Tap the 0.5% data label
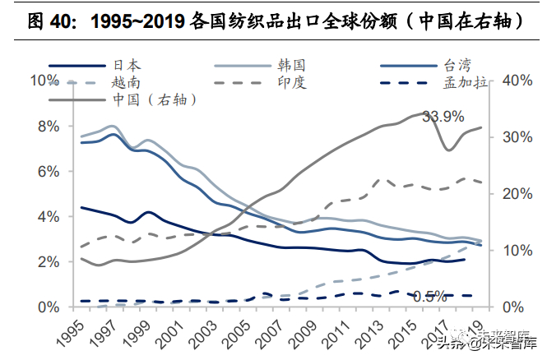tap(429, 296)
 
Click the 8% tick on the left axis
tap(45, 126)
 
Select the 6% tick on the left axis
tap(45, 171)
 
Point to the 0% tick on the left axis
tap(45, 307)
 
